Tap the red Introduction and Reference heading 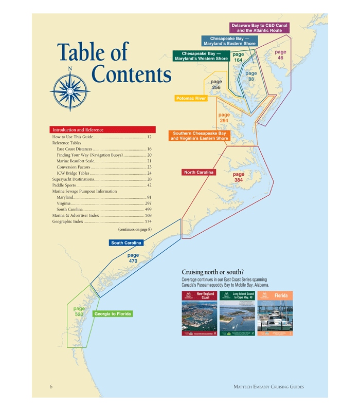pyautogui.click(x=102, y=130)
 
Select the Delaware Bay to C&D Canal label pyautogui.click(x=260, y=28)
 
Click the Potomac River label pyautogui.click(x=191, y=98)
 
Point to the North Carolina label pyautogui.click(x=199, y=173)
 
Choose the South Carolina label pyautogui.click(x=126, y=242)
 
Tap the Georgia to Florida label pyautogui.click(x=112, y=314)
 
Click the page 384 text pyautogui.click(x=238, y=177)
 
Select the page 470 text pyautogui.click(x=133, y=258)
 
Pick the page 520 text pyautogui.click(x=79, y=311)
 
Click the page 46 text pyautogui.click(x=280, y=55)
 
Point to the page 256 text pyautogui.click(x=216, y=85)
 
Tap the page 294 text pyautogui.click(x=224, y=118)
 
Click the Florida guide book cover pyautogui.click(x=275, y=314)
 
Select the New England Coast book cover pyautogui.click(x=200, y=314)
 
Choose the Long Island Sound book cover pyautogui.click(x=237, y=314)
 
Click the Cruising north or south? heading pyautogui.click(x=212, y=272)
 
